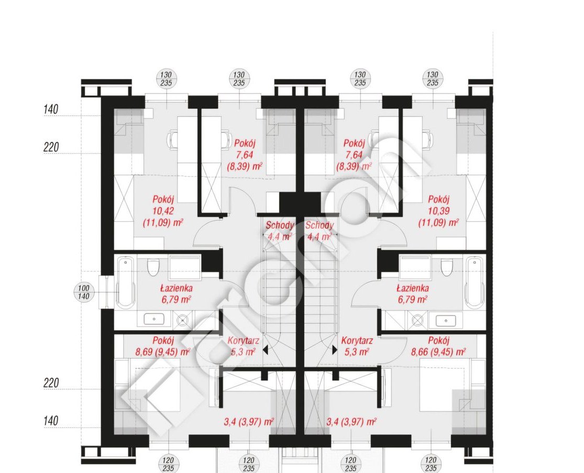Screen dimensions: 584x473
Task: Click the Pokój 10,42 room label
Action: click(163, 211)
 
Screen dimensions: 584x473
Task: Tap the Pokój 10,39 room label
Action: click(438, 211)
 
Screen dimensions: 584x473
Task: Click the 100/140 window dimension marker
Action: click(84, 292)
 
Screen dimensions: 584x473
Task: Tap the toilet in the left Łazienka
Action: click(153, 267)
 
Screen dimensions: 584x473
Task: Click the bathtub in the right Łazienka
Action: click(475, 282)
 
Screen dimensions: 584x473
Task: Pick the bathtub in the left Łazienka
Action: click(126, 282)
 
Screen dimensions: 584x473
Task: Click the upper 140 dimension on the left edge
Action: click(51, 109)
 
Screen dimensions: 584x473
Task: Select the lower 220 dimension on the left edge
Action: click(51, 383)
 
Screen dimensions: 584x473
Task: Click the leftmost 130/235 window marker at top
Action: click(166, 79)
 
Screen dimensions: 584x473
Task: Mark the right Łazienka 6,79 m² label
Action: click(412, 294)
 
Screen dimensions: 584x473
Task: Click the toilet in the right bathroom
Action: click(447, 267)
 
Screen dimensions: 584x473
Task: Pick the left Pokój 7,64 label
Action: click(244, 155)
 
